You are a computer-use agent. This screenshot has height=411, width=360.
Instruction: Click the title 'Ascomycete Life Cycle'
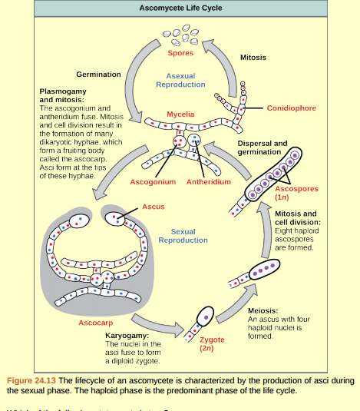(180, 8)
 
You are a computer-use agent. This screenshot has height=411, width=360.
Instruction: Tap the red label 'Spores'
(180, 53)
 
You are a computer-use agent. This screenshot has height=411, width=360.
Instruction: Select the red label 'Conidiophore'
(291, 108)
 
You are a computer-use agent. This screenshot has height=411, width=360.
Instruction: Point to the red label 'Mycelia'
(180, 114)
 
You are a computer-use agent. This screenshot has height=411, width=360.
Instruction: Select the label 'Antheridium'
(208, 182)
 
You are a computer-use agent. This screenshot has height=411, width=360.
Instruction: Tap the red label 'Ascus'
(153, 207)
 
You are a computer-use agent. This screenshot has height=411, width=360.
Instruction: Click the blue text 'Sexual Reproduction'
(183, 236)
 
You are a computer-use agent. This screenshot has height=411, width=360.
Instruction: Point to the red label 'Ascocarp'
(96, 323)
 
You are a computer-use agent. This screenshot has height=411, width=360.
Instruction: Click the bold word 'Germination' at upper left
(98, 75)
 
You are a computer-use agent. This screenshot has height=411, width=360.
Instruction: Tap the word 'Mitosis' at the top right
(253, 58)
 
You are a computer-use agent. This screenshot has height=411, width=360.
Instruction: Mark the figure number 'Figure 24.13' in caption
(31, 380)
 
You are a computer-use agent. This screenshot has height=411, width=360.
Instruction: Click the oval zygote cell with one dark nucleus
(205, 317)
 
